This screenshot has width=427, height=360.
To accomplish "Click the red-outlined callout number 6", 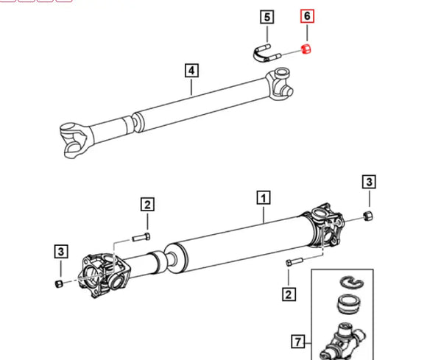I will click(x=307, y=16).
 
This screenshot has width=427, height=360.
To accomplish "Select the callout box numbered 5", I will click(x=267, y=16).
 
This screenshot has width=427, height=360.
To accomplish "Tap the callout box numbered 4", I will click(x=191, y=71).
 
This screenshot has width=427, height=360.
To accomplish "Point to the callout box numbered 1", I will click(x=263, y=197).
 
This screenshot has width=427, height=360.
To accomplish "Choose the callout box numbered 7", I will click(x=297, y=341).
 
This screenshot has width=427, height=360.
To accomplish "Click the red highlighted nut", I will click(x=306, y=49).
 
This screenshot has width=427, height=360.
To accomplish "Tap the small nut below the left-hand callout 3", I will click(x=58, y=283).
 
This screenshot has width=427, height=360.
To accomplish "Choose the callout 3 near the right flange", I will click(x=370, y=182).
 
